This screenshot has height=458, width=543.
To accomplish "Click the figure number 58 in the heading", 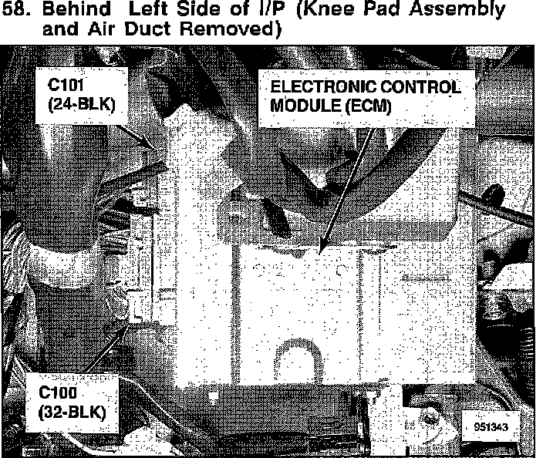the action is [x=15, y=11].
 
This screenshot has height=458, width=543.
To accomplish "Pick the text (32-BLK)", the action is [x=71, y=410].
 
